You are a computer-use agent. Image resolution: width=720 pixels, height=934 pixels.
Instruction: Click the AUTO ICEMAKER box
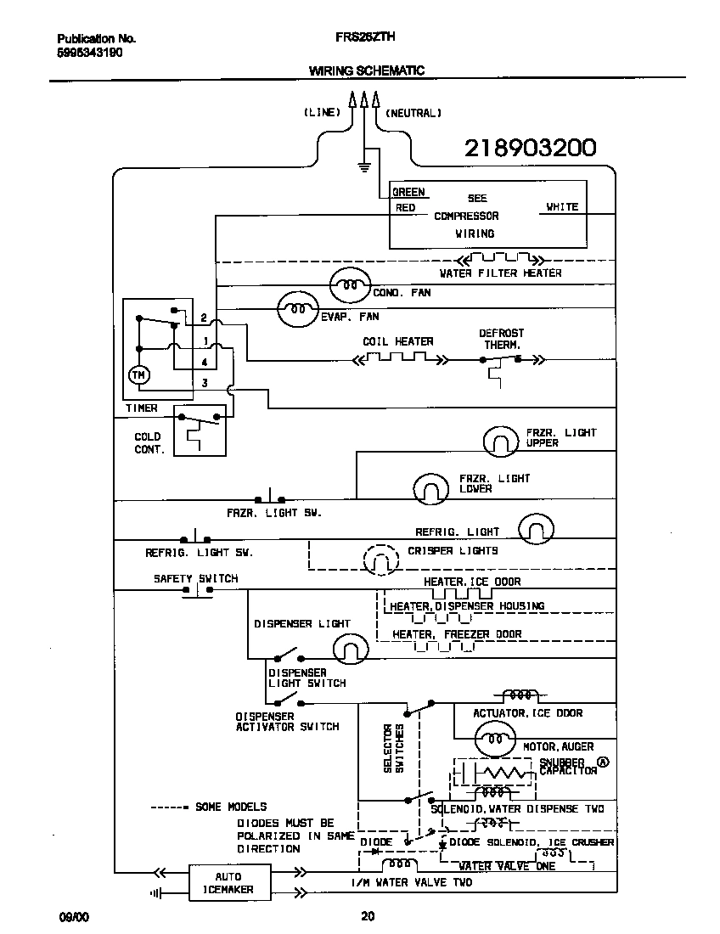228,883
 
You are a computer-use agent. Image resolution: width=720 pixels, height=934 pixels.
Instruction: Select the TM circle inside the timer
138,374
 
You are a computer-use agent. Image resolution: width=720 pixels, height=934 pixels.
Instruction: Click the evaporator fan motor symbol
297,310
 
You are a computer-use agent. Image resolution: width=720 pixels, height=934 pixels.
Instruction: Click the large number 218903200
530,149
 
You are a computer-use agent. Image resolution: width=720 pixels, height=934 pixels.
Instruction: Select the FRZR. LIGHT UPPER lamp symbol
501,441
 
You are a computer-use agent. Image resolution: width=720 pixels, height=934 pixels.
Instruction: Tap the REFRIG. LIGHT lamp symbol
536,528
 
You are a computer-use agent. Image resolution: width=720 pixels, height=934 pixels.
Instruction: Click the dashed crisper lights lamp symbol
380,559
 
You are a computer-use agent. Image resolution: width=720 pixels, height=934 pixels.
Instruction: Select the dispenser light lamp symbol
348,650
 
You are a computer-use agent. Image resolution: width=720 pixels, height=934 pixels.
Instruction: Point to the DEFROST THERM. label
502,339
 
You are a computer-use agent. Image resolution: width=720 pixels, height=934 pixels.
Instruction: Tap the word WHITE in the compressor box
562,206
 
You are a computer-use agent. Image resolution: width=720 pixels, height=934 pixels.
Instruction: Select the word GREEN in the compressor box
408,193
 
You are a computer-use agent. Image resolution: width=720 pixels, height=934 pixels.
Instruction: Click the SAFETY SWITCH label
195,578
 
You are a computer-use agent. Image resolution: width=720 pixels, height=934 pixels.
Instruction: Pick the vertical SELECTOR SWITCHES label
393,747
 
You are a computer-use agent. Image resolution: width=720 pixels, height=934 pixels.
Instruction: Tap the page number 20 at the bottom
367,916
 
